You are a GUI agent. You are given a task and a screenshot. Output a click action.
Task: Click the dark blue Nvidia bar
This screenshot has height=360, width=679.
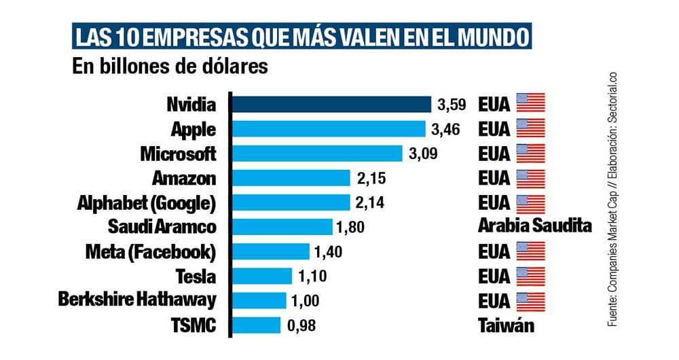click(x=333, y=105)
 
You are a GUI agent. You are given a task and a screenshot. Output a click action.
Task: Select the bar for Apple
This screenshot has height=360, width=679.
click(x=329, y=129)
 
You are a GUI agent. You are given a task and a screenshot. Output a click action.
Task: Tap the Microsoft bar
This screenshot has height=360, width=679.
click(x=318, y=154)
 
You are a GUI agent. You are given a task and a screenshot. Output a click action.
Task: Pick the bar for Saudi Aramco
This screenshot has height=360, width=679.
click(x=282, y=227)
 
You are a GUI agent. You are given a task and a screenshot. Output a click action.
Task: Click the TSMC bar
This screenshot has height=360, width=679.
click(x=257, y=325)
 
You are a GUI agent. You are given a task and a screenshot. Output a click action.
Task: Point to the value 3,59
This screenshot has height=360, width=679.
click(x=452, y=105)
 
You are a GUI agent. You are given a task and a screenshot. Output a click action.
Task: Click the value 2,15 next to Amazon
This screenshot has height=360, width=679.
click(x=371, y=179)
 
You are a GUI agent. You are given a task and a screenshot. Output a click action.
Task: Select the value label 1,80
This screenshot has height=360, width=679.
click(x=353, y=228)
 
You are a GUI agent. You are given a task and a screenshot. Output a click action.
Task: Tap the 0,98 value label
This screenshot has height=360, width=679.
click(x=302, y=326)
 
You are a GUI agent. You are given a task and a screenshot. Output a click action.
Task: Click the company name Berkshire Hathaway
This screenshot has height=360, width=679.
click(x=138, y=300)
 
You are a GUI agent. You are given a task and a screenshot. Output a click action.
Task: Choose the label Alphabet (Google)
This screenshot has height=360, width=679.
click(x=147, y=203)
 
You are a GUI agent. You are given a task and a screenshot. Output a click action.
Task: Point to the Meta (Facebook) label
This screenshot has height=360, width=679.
click(x=151, y=252)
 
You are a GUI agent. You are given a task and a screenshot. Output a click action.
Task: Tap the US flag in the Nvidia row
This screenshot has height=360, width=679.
click(x=531, y=103)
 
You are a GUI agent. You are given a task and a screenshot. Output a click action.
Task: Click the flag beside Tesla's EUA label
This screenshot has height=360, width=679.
click(x=531, y=276)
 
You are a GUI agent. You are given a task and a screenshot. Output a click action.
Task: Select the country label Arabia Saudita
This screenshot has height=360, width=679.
click(x=536, y=227)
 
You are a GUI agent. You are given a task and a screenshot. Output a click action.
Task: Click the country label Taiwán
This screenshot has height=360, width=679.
click(x=507, y=325)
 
